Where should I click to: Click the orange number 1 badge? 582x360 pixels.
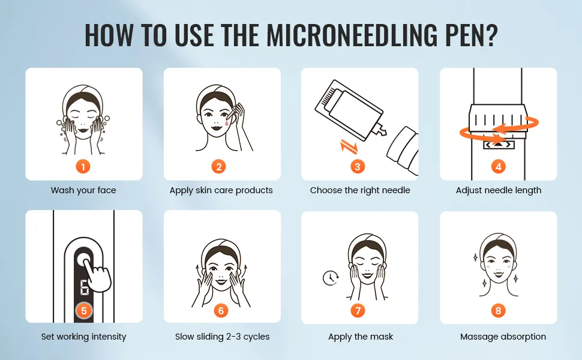click(x=83, y=167)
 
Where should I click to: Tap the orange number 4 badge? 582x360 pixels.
click(x=498, y=167)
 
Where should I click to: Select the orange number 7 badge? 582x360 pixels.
click(x=358, y=310)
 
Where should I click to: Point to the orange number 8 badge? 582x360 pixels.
click(x=498, y=310)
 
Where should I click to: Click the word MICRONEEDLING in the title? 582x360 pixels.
click(x=352, y=35)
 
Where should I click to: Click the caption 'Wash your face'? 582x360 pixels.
click(x=83, y=190)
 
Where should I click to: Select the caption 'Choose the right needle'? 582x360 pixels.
click(x=360, y=190)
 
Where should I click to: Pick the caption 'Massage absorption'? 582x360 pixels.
click(x=503, y=337)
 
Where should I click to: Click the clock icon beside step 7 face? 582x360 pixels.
click(x=330, y=278)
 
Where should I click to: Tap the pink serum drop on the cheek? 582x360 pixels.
click(x=227, y=122)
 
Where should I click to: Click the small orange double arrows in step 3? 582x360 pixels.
click(x=349, y=146)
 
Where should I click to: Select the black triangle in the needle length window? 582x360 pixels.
click(x=499, y=144)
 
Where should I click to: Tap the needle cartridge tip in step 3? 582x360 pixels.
click(x=381, y=130)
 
